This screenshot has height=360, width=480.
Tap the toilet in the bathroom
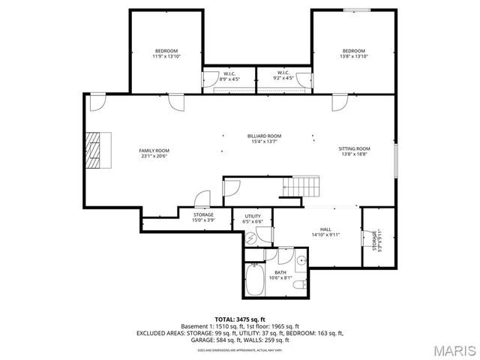coord(299,285)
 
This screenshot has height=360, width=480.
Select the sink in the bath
coord(301,260)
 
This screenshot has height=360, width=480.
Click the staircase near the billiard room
coord(304,185)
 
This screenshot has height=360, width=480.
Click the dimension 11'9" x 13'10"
coord(166,56)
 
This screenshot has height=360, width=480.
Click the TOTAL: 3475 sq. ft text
coord(240,319)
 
